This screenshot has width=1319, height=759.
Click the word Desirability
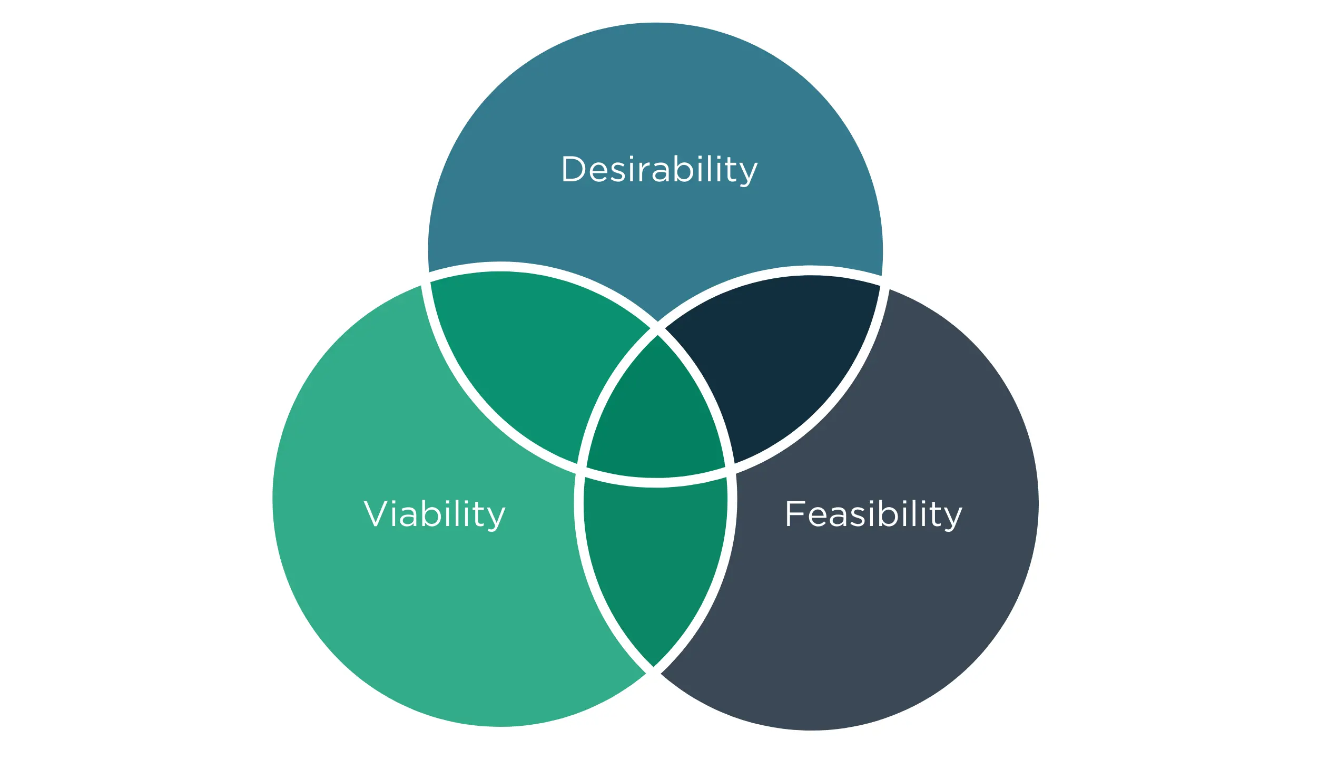(x=659, y=170)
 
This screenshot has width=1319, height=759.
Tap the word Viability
(x=435, y=514)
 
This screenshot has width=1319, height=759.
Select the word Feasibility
(x=874, y=514)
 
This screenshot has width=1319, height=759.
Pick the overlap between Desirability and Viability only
(x=532, y=358)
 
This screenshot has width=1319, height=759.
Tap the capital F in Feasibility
(x=795, y=513)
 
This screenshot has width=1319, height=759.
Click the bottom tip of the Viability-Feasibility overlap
(x=653, y=666)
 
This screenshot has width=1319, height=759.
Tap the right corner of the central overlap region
(x=724, y=466)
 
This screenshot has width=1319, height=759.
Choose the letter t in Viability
(x=477, y=514)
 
